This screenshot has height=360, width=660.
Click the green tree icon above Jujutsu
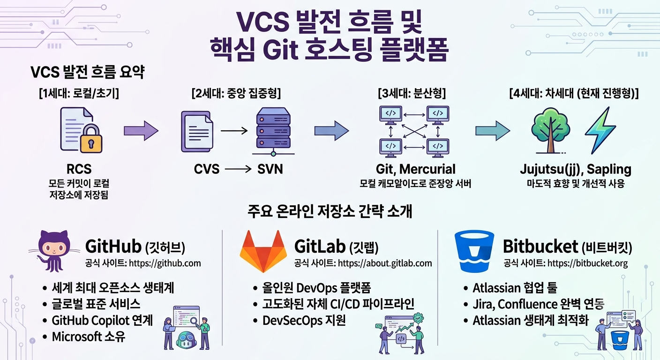[550, 130]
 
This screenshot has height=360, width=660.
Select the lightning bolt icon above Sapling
[600, 130]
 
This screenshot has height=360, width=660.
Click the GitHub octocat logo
[54, 251]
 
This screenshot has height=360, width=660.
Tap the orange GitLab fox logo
[263, 251]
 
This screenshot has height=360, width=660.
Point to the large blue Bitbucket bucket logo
[474, 251]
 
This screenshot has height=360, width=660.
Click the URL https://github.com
[165, 263]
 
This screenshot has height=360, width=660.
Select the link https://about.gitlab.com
[385, 263]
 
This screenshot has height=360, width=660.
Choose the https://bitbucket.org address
[587, 263]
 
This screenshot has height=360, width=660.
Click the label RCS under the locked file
[79, 169]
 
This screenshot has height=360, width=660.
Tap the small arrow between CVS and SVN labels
[238, 169]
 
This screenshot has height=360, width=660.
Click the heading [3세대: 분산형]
[412, 93]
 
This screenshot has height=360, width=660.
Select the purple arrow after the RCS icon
[141, 130]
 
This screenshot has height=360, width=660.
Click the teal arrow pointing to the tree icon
[493, 130]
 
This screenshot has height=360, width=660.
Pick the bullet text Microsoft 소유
[89, 337]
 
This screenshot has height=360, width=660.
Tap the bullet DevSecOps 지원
[304, 321]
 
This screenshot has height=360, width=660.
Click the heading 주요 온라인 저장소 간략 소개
[330, 211]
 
